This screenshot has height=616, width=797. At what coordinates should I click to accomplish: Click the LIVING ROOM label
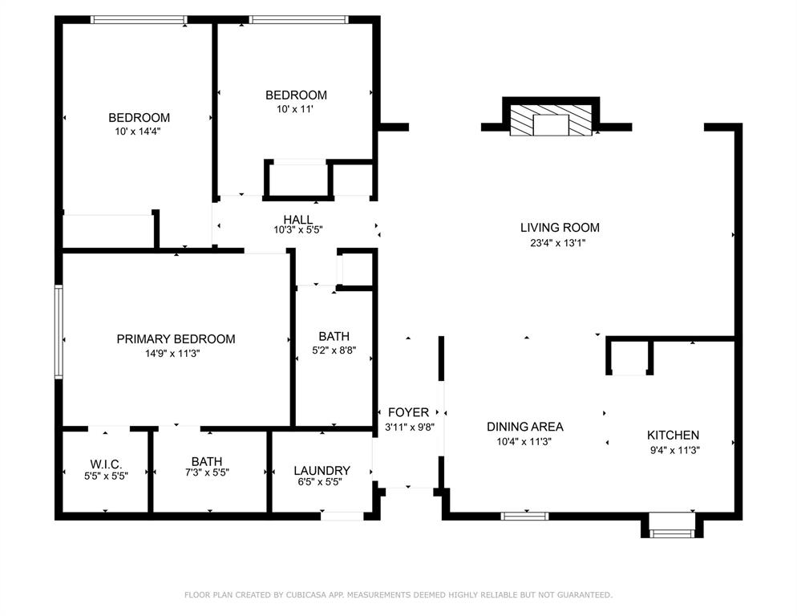(x=560, y=228)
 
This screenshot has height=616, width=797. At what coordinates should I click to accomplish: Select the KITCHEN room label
(x=673, y=436)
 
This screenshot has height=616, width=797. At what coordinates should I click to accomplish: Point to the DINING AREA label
(x=525, y=427)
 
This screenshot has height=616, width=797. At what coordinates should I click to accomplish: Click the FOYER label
(x=408, y=413)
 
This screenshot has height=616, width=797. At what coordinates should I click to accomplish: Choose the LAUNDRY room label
(x=322, y=471)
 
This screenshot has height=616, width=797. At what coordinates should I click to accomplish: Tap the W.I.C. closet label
(x=105, y=464)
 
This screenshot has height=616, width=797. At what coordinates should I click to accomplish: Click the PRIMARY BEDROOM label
(x=176, y=339)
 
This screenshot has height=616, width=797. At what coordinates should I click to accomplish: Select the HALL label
(x=297, y=220)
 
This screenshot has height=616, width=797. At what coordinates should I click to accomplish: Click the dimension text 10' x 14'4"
(x=139, y=131)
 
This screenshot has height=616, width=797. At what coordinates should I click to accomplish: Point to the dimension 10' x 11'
(x=296, y=108)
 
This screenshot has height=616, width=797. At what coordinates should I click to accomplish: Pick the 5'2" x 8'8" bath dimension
(x=334, y=351)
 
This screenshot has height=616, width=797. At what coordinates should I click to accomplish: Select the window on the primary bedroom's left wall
(x=59, y=331)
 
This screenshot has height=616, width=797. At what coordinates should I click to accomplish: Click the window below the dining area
(x=524, y=516)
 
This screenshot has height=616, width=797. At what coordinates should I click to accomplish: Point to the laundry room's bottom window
(x=342, y=516)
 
